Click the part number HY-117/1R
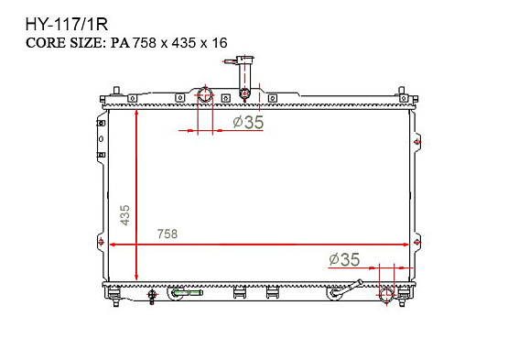coord(67,25)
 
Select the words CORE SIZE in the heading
coord(64,43)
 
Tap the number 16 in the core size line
coord(220,43)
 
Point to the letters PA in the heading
coord(120,43)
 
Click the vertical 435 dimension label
coord(124,215)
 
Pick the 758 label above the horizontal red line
coord(168,234)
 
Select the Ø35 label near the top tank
coord(248,122)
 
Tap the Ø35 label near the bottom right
coord(344,259)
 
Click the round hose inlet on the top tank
coord(205,94)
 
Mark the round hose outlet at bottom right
coord(387,294)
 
